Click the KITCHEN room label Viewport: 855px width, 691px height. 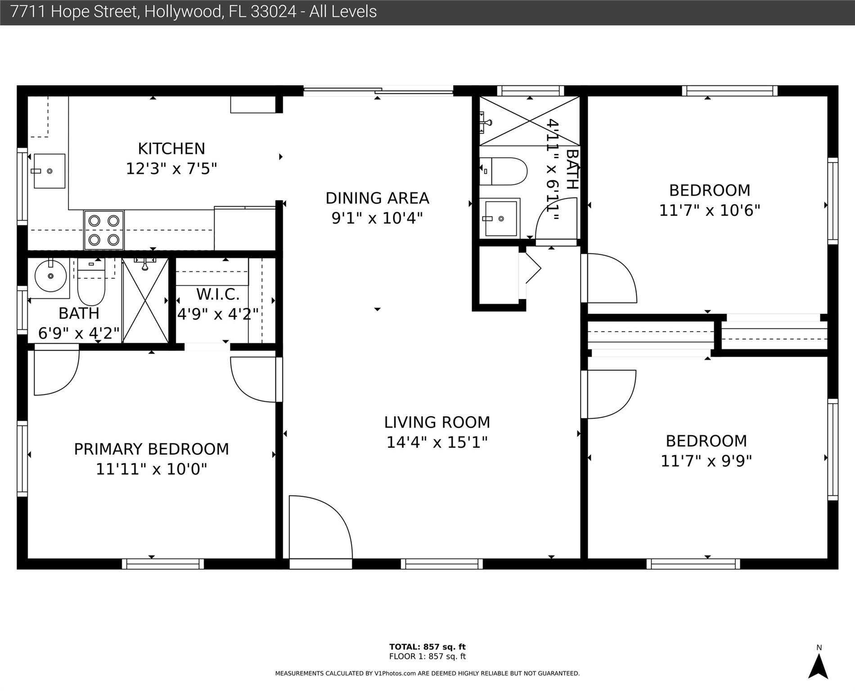(x=171, y=148)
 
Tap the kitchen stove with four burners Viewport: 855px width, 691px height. (x=103, y=230)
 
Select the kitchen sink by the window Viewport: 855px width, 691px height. (x=49, y=171)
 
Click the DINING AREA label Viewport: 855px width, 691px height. (x=377, y=198)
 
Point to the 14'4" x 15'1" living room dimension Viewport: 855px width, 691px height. (x=437, y=443)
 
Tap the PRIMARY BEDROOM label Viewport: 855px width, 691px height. (x=151, y=449)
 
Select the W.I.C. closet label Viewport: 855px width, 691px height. (x=218, y=294)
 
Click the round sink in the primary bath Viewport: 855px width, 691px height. (x=50, y=276)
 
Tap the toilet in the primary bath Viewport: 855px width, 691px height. (x=91, y=283)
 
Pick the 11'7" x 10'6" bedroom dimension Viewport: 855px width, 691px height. (x=709, y=210)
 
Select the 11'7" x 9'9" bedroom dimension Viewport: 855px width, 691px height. (x=706, y=461)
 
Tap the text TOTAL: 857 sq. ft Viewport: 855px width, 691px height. (x=427, y=647)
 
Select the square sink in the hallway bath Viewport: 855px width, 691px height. (x=501, y=218)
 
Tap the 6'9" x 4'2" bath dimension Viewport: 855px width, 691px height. (x=79, y=333)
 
